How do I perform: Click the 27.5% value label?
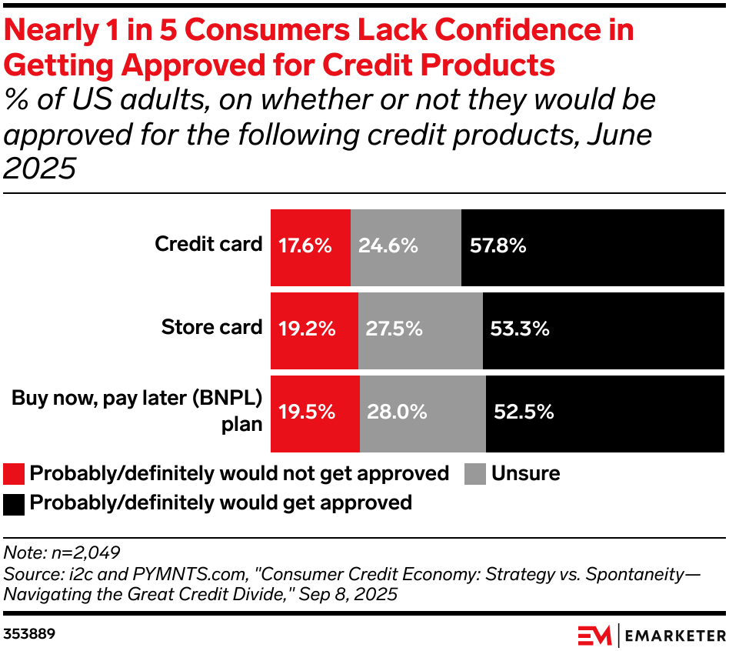(394, 329)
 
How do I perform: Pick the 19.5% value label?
(306, 412)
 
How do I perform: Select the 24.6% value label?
(388, 246)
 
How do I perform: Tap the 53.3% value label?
(520, 329)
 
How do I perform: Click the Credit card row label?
(208, 245)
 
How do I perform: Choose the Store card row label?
(211, 327)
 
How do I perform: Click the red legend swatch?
(14, 474)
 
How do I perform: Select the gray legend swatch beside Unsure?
(475, 474)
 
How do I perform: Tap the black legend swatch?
(14, 504)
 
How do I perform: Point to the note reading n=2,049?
(62, 552)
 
